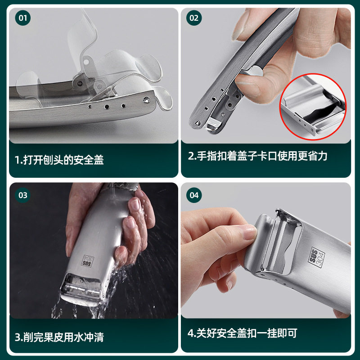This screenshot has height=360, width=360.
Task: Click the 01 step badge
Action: click(x=23, y=18)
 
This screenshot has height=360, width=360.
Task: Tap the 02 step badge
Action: click(x=194, y=18)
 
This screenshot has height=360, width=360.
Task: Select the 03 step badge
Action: click(x=23, y=195)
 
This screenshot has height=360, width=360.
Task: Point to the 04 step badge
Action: click(x=194, y=195)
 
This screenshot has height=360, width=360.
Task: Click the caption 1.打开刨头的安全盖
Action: click(x=59, y=160)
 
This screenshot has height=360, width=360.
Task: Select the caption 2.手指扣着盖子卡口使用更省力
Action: click(x=257, y=156)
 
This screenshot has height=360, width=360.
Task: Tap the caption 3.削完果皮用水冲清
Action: click(x=59, y=337)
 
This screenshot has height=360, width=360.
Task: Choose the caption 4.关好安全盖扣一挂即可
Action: click(x=243, y=333)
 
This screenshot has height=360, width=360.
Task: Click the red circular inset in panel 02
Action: click(x=313, y=107)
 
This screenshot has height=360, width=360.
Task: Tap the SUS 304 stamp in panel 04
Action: click(x=317, y=257)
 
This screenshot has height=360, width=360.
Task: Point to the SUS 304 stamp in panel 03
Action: click(x=88, y=261)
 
